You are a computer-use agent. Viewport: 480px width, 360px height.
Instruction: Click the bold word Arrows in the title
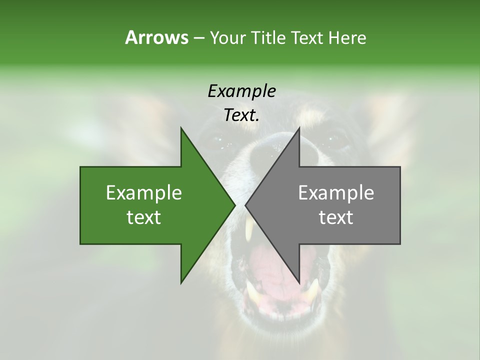tap(156, 37)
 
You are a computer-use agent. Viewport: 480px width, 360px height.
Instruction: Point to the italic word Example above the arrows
tap(242, 91)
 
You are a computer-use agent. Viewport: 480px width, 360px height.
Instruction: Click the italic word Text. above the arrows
tap(242, 115)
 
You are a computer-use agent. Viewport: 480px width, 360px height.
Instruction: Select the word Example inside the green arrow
tap(144, 193)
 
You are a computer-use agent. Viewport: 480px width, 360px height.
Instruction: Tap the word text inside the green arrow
tap(144, 217)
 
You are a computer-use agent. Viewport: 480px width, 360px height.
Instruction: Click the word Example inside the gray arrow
tap(336, 193)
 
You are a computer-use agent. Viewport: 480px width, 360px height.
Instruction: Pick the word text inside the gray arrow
tap(336, 217)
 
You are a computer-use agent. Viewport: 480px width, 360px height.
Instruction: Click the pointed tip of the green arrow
tap(235, 205)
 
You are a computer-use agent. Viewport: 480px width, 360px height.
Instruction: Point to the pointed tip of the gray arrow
tap(245, 205)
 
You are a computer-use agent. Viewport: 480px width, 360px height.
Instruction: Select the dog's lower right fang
tap(312, 292)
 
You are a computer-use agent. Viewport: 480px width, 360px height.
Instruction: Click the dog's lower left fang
tap(252, 294)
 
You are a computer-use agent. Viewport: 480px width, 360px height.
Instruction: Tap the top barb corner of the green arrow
tap(181, 128)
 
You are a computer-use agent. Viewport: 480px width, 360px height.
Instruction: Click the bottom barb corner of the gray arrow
tap(299, 283)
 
